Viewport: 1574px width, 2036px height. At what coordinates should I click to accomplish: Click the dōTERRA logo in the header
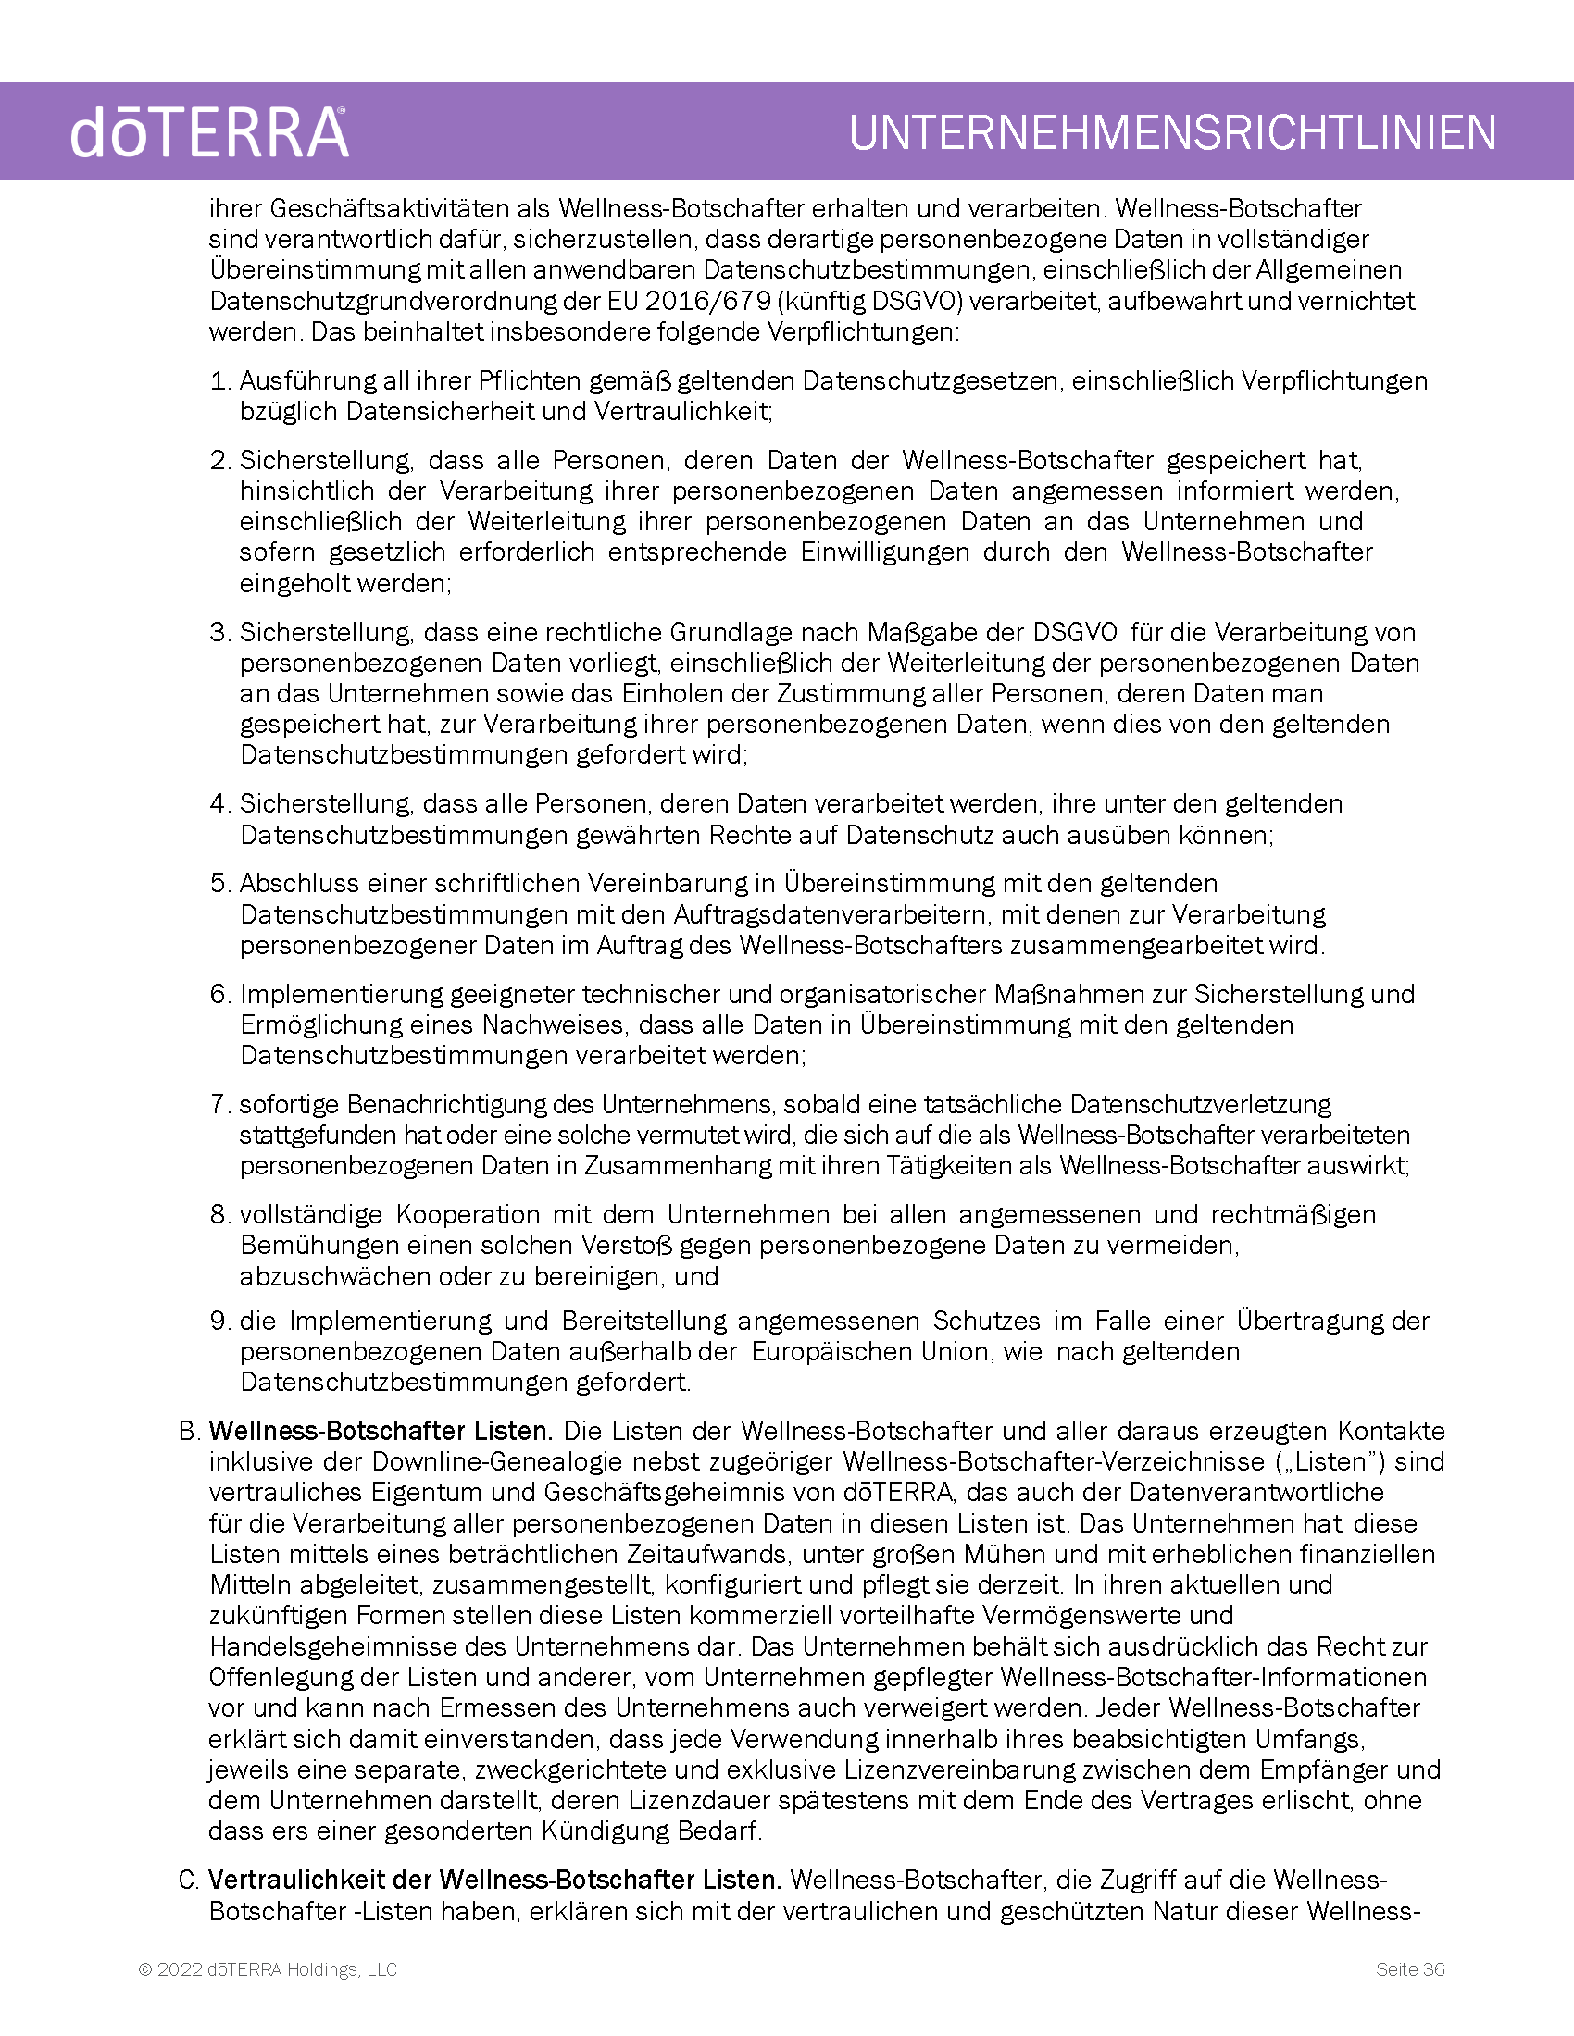[209, 132]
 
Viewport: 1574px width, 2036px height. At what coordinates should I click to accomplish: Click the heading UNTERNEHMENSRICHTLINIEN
[1172, 132]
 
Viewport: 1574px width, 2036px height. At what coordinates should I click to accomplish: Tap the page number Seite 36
[1410, 1968]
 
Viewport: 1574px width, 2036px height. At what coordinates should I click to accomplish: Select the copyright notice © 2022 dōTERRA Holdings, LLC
[268, 1968]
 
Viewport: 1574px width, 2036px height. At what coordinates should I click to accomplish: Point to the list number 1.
[219, 380]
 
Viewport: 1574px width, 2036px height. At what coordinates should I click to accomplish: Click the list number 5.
[219, 883]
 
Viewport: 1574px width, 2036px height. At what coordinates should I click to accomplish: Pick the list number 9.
[219, 1321]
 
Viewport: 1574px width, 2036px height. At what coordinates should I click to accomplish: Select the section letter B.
[189, 1431]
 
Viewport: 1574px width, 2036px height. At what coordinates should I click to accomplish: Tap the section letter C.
[189, 1880]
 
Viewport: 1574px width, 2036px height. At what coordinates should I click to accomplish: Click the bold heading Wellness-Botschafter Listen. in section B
[381, 1431]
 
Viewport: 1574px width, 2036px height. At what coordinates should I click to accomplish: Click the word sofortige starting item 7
[289, 1104]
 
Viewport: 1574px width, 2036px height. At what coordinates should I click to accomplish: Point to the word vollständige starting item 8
[310, 1215]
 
